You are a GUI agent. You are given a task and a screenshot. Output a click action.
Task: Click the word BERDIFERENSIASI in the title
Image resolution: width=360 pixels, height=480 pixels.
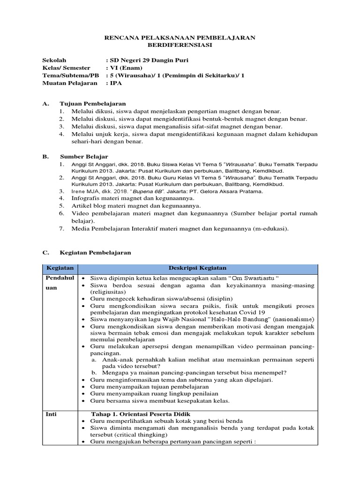pyautogui.click(x=180, y=45)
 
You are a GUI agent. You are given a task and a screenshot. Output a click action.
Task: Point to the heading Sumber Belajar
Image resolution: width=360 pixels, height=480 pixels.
pyautogui.click(x=84, y=156)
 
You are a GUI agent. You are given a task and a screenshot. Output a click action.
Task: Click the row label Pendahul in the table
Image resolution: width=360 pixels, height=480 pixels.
pyautogui.click(x=57, y=277)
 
